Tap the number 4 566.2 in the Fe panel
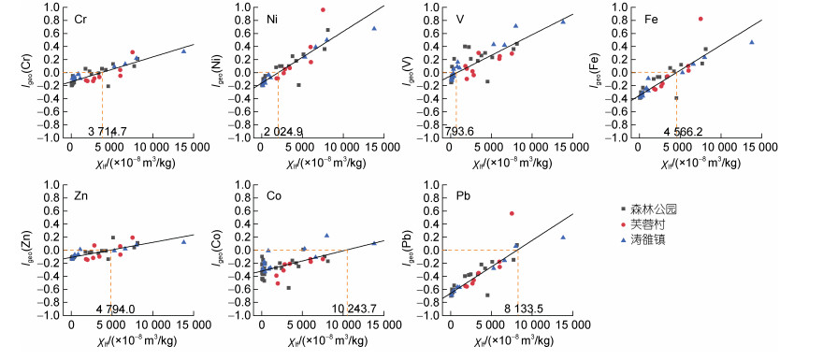pos(675,131)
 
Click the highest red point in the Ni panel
pos(323,9)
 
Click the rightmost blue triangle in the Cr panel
pos(183,50)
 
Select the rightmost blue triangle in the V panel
pos(563,22)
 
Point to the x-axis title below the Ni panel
pos(320,164)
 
